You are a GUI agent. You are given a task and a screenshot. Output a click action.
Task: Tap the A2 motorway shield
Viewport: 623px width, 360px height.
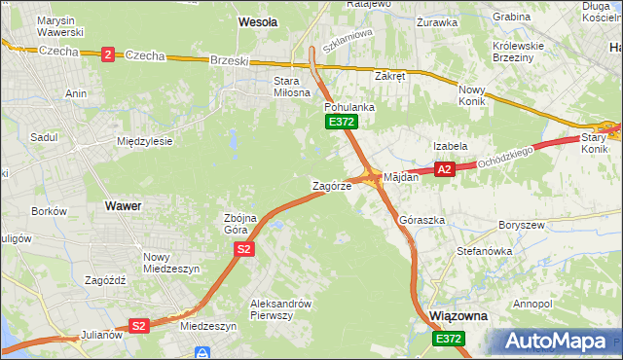(x=444, y=169)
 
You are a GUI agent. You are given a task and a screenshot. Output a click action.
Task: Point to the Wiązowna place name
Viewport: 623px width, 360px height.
(x=458, y=317)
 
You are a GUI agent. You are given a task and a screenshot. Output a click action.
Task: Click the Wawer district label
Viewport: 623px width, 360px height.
(x=123, y=206)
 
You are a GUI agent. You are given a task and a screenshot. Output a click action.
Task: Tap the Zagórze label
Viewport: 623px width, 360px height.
(x=331, y=186)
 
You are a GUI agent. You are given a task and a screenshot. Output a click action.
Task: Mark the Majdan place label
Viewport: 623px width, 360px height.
(x=401, y=178)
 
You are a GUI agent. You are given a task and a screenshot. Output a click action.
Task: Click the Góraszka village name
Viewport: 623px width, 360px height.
(x=422, y=221)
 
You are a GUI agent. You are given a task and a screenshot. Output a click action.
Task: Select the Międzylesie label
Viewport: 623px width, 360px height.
(x=144, y=141)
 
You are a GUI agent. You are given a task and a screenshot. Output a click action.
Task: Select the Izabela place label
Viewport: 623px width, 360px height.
(x=451, y=146)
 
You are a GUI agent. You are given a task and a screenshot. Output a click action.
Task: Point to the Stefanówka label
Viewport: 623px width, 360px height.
(x=485, y=251)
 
